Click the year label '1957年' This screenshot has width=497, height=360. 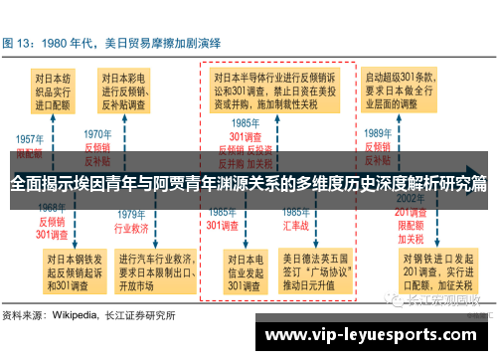coord(29,139)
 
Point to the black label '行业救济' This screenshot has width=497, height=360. coord(130,227)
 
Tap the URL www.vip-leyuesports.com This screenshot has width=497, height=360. coord(368,334)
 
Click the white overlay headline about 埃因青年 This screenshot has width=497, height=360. coord(248,184)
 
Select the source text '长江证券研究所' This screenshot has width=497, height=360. coord(144,316)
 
